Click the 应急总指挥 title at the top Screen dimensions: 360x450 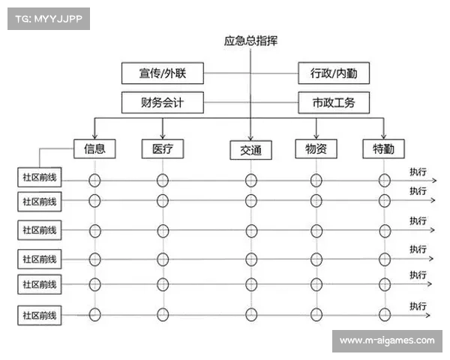[x=250, y=41]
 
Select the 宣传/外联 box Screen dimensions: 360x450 [x=162, y=73]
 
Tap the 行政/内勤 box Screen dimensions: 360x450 [x=334, y=73]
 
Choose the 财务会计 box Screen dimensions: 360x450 [x=162, y=102]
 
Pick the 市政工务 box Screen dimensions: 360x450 [x=334, y=102]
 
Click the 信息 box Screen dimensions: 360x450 [x=94, y=148]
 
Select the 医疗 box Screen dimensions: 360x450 [x=163, y=148]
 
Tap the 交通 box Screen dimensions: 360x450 [x=250, y=150]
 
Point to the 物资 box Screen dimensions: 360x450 [x=316, y=148]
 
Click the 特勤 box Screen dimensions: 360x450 [x=384, y=148]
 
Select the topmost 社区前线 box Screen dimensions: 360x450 [x=40, y=178]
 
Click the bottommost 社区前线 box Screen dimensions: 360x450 [x=40, y=315]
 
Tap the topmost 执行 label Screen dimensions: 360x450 [x=418, y=172]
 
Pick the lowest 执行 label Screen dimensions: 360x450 [x=418, y=306]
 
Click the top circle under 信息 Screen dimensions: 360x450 [x=94, y=180]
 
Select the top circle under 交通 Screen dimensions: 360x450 [x=250, y=180]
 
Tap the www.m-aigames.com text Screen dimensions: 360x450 [x=387, y=340]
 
